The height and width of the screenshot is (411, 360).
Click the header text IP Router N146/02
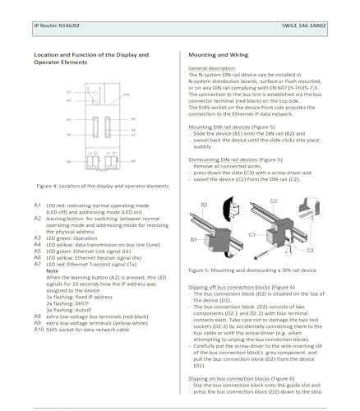[57, 25]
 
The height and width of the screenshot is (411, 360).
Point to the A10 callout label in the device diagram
[127, 96]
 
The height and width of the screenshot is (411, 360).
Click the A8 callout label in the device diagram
[68, 162]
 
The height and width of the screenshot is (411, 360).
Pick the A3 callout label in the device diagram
[68, 119]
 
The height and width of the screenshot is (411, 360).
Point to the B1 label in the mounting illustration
[194, 238]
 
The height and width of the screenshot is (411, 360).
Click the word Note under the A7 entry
[52, 270]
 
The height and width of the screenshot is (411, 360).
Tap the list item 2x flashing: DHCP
[67, 300]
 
